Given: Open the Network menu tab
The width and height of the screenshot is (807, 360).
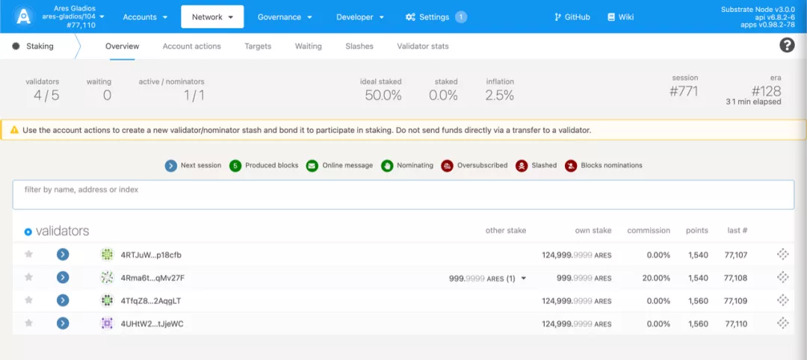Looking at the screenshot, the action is pyautogui.click(x=212, y=17).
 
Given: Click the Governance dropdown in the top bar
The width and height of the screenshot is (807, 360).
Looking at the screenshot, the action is pyautogui.click(x=285, y=17).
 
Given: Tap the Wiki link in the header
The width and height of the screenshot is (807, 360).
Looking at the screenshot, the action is pyautogui.click(x=621, y=17).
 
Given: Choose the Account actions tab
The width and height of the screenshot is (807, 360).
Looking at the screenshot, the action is pyautogui.click(x=191, y=46).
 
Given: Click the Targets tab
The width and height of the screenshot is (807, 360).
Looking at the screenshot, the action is pyautogui.click(x=258, y=46).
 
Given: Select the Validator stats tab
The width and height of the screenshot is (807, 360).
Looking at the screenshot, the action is pyautogui.click(x=422, y=46).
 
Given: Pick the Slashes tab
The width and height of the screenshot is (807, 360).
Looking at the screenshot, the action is pyautogui.click(x=359, y=46).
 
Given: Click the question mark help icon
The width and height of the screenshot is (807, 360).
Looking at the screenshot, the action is pyautogui.click(x=787, y=46).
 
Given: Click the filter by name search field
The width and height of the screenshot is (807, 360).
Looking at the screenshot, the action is pyautogui.click(x=403, y=194).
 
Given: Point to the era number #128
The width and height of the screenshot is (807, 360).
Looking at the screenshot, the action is pyautogui.click(x=767, y=91).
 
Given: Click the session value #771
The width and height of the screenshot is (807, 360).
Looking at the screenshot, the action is pyautogui.click(x=684, y=92).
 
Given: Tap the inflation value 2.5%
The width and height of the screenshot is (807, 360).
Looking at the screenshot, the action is pyautogui.click(x=499, y=95).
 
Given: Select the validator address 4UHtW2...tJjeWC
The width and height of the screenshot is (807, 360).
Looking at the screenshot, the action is pyautogui.click(x=152, y=324).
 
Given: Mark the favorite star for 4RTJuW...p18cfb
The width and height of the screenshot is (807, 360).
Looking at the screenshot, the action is pyautogui.click(x=29, y=254).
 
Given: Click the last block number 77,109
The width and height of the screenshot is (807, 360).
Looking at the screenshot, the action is pyautogui.click(x=735, y=302).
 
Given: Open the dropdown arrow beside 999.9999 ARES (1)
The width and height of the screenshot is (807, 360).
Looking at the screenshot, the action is pyautogui.click(x=523, y=279).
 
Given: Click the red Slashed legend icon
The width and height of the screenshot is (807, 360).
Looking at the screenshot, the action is pyautogui.click(x=522, y=166).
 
